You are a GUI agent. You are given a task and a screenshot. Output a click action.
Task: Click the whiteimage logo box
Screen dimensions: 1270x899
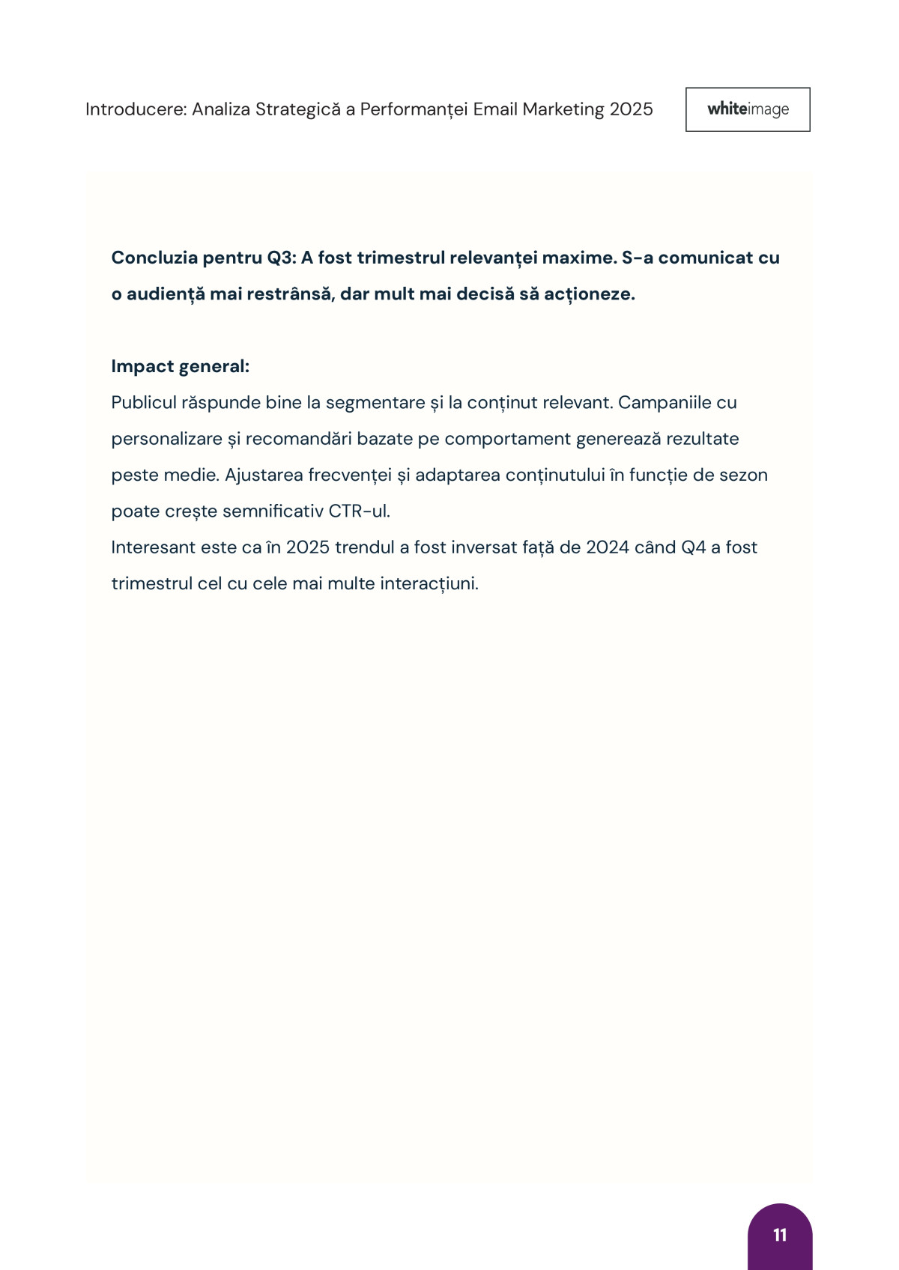(x=748, y=109)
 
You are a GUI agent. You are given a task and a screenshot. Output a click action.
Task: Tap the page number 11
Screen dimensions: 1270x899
(x=780, y=1235)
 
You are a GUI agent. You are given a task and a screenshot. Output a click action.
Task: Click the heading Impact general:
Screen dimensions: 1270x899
(x=180, y=366)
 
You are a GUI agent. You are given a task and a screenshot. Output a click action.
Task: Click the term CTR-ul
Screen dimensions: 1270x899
(x=359, y=511)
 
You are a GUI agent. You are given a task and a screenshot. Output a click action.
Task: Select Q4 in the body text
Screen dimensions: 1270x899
(x=693, y=547)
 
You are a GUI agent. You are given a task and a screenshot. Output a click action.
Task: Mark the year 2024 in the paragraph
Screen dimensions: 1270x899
(x=607, y=547)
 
